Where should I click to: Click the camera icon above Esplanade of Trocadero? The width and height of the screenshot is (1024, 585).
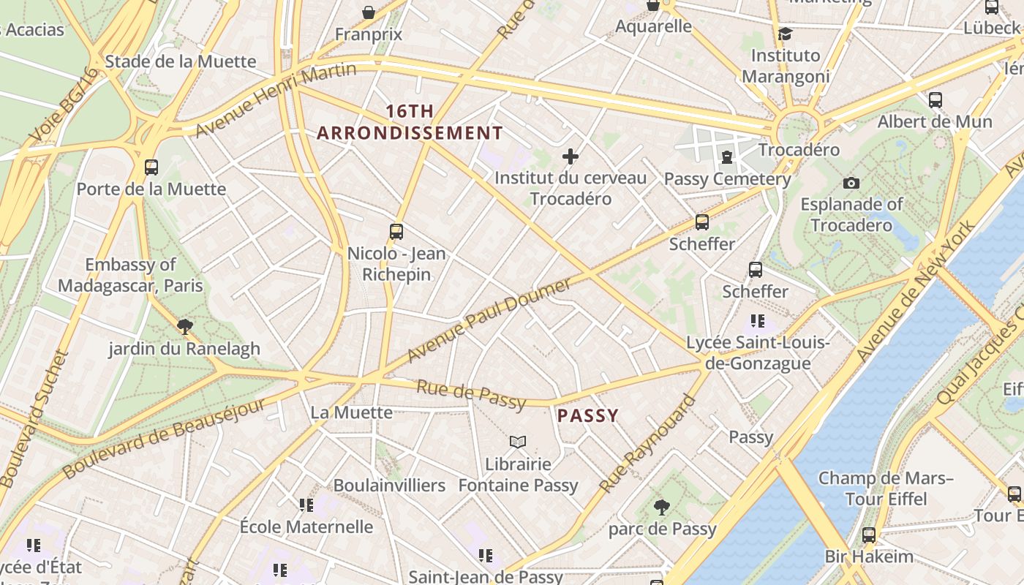point(851,183)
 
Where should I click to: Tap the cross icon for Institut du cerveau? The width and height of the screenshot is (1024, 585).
point(571,156)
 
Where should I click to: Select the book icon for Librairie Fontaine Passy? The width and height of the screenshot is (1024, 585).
point(518,442)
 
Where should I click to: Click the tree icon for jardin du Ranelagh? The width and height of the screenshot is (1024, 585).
point(184,327)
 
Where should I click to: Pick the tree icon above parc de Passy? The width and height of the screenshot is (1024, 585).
point(661,507)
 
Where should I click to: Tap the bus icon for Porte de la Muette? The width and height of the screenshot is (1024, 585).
point(151,167)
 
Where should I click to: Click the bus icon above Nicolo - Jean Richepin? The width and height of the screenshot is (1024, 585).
point(396,232)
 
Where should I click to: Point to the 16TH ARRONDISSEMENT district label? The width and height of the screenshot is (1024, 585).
point(410,122)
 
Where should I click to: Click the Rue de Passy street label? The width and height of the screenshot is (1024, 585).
point(471,394)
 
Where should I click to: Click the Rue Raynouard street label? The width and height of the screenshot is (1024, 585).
point(647,444)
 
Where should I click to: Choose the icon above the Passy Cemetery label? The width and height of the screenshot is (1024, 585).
point(727,157)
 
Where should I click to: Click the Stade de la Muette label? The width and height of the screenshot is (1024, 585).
point(181,61)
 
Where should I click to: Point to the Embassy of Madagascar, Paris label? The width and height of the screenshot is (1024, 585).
point(130,275)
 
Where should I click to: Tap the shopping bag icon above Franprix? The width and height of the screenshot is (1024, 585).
point(369,12)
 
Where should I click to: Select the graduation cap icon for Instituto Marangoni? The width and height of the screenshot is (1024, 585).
point(786,34)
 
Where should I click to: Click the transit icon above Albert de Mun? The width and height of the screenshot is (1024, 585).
point(935,100)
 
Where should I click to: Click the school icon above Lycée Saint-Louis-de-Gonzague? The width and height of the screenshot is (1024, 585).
point(758,321)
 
